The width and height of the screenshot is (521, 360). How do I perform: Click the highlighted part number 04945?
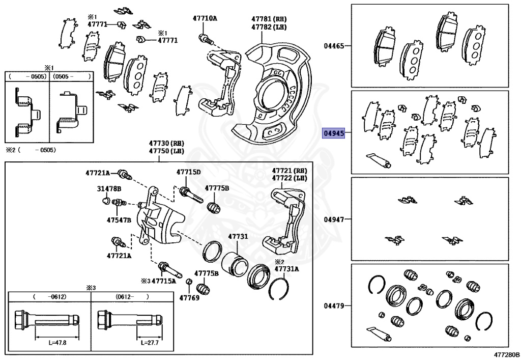pyautogui.click(x=334, y=134)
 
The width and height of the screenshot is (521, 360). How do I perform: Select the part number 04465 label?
pyautogui.click(x=334, y=46)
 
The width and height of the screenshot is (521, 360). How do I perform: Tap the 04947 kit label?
pyautogui.click(x=334, y=219)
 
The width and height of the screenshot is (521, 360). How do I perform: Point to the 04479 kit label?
pyautogui.click(x=334, y=306)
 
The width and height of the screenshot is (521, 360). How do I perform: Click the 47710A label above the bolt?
pyautogui.click(x=205, y=18)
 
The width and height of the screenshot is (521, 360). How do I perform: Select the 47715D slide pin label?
pyautogui.click(x=188, y=172)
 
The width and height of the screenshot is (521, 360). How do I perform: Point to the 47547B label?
pyautogui.click(x=119, y=220)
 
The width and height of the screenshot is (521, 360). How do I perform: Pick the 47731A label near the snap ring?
pyautogui.click(x=286, y=268)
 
